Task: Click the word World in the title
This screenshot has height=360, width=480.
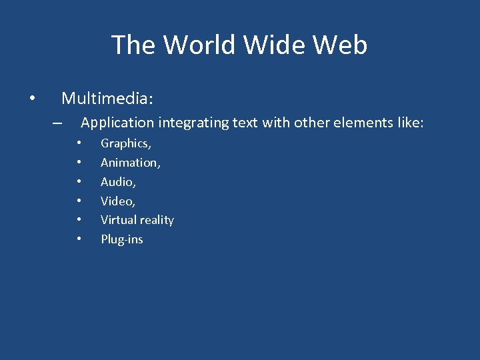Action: pos(201,45)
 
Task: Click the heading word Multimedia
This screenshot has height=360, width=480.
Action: pos(107,99)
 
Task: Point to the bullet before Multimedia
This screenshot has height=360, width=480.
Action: pos(32,99)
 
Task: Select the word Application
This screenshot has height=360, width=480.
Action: pos(117,123)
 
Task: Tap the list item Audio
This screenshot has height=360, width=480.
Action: pos(118,182)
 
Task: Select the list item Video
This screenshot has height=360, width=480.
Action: pos(118,201)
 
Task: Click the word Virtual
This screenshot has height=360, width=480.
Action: pos(117,220)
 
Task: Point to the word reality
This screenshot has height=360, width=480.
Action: pos(155,221)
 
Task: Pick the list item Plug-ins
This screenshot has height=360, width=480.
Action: pos(122,239)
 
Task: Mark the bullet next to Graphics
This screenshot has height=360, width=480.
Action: pos(79,143)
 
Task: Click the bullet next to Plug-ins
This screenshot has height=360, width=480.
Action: pos(79,239)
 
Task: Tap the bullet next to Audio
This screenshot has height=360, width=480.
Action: pos(79,181)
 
